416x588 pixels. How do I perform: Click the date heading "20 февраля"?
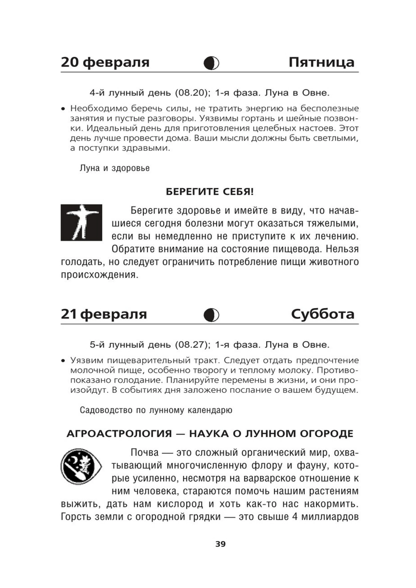(105, 62)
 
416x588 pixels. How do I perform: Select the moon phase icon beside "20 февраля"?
(211, 63)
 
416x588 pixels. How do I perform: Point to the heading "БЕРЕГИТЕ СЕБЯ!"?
(210, 192)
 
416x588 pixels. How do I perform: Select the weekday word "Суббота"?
(323, 314)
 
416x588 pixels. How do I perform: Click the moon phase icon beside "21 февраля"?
(211, 315)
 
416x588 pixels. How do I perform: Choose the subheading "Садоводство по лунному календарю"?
(156, 410)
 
